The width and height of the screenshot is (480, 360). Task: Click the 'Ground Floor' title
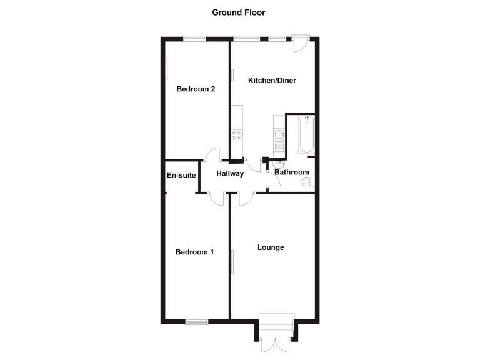point(239,12)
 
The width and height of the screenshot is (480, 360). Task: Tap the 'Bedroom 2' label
point(196,89)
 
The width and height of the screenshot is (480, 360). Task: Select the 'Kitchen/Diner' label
point(272,81)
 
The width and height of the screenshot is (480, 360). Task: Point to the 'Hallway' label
point(230,173)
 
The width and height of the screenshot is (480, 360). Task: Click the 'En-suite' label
point(181,176)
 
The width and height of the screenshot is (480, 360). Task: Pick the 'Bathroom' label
point(292,172)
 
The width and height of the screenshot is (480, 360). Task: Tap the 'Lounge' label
point(271,247)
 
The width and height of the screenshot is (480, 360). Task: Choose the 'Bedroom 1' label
point(194,252)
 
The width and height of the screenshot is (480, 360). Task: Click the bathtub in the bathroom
point(306,135)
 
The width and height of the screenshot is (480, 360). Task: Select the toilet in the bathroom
point(306,182)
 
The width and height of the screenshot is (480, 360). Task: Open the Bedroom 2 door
point(214,154)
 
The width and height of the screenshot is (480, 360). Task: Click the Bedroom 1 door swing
point(217,198)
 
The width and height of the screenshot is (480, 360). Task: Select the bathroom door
point(272,181)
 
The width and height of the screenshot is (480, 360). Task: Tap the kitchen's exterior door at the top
point(299,43)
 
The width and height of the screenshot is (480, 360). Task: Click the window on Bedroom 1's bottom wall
point(196,322)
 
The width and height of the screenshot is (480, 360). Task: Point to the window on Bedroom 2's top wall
point(194,39)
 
